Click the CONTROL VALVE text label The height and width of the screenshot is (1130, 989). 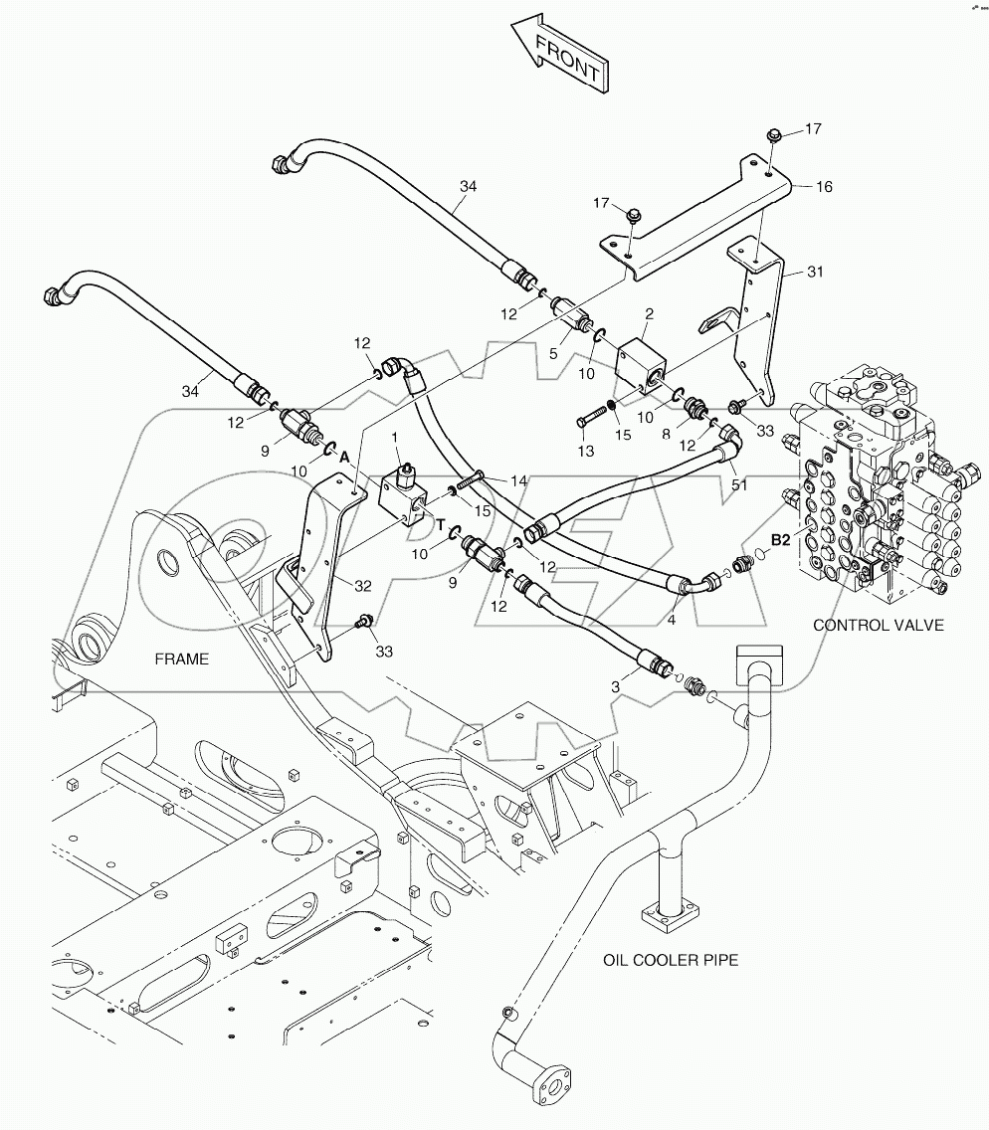[877, 625]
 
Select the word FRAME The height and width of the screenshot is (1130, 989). [181, 659]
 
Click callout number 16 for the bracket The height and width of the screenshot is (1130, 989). [824, 186]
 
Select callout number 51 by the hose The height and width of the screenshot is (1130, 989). [740, 484]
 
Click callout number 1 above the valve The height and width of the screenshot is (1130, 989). [395, 438]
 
